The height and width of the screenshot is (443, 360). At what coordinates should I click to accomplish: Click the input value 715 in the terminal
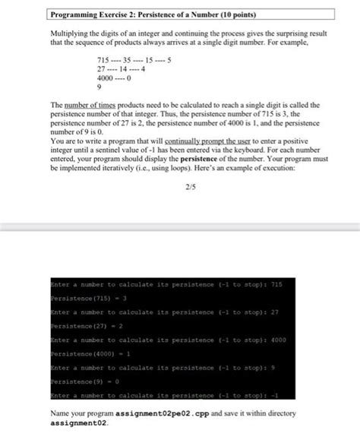coord(276,284)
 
